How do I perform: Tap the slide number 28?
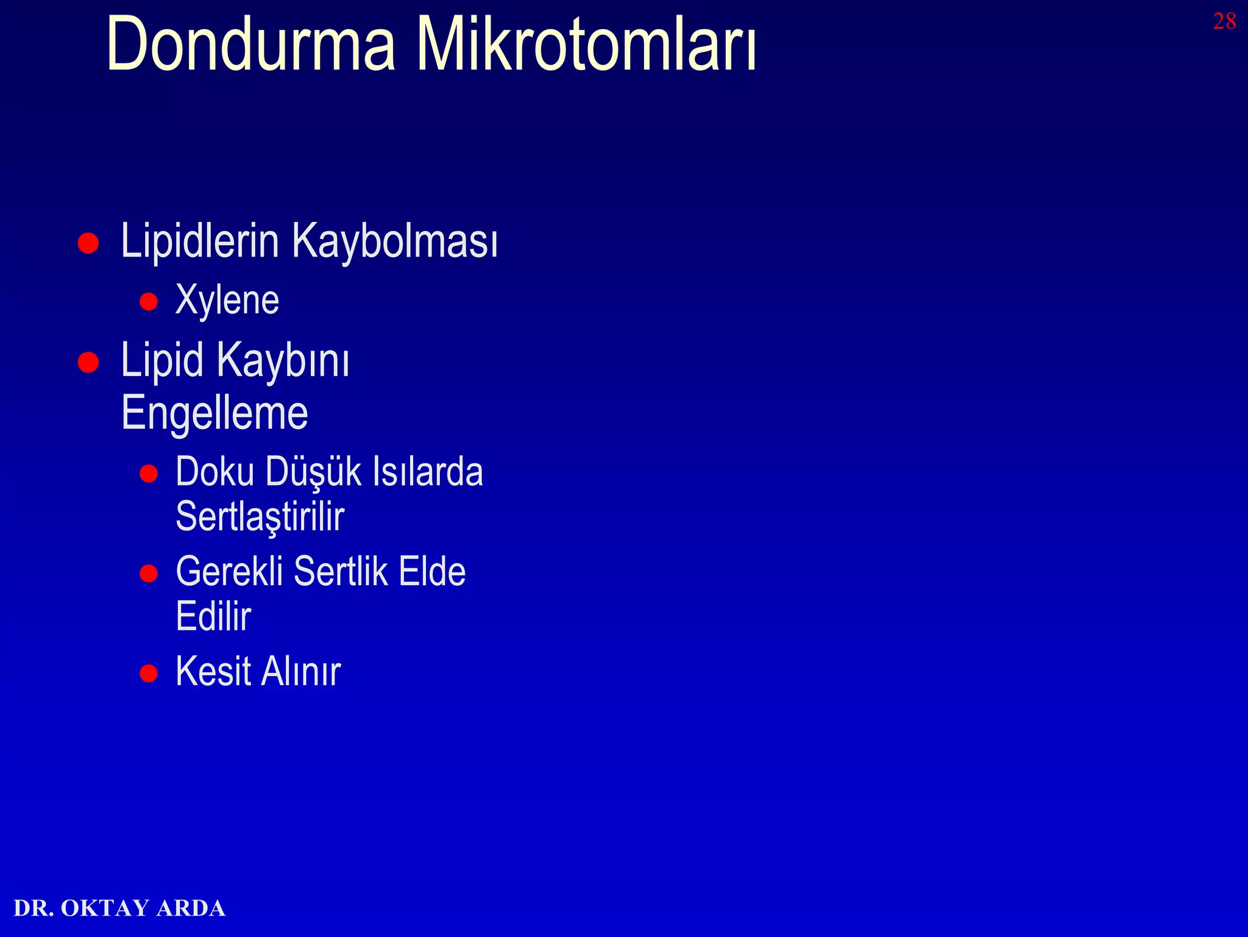(x=1224, y=22)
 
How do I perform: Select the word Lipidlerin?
(x=200, y=241)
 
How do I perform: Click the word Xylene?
(x=227, y=301)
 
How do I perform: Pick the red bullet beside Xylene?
(x=149, y=302)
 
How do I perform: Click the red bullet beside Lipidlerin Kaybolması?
(x=88, y=243)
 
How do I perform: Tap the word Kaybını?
(x=283, y=362)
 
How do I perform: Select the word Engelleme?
(x=214, y=413)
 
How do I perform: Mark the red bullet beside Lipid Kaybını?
(x=88, y=362)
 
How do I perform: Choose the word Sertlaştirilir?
(x=260, y=517)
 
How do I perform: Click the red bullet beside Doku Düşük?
(x=149, y=474)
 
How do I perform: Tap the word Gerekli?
(x=229, y=572)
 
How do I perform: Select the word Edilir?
(x=213, y=616)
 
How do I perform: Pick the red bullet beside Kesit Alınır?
(x=149, y=673)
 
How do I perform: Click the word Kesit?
(x=213, y=672)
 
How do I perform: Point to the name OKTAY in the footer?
(x=105, y=908)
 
